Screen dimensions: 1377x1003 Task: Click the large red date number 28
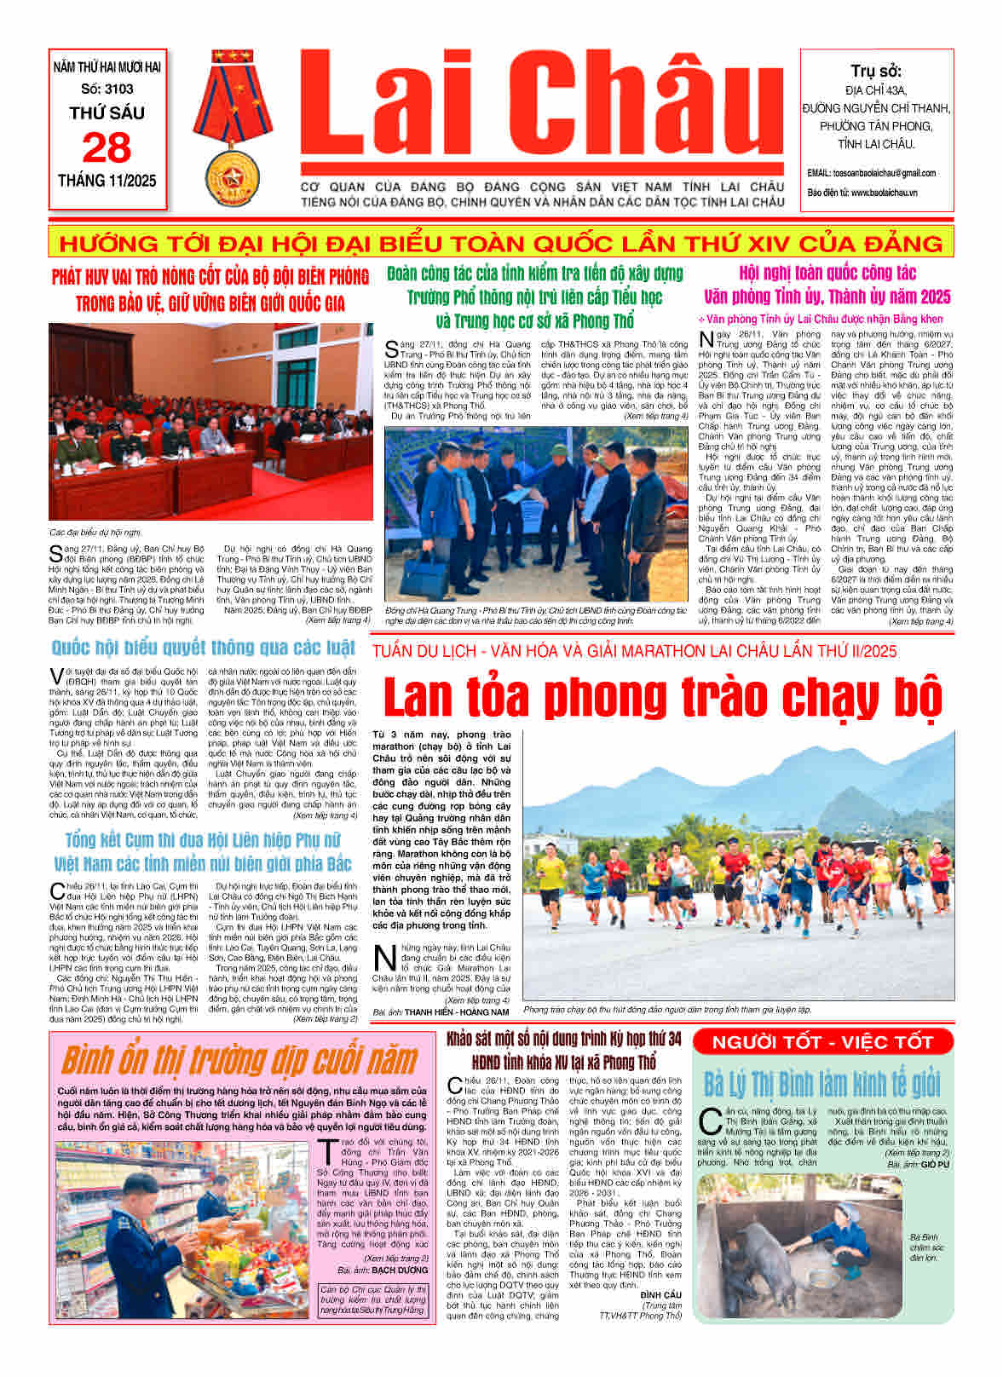[x=107, y=148]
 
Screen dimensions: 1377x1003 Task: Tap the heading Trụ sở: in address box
[x=876, y=71]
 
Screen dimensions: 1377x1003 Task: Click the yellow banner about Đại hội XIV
[x=501, y=244]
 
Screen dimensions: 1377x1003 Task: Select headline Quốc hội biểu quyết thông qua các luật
[x=203, y=648]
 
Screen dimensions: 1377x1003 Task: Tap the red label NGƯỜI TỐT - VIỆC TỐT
[x=821, y=1041]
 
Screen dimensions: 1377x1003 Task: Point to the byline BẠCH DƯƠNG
[x=401, y=1270]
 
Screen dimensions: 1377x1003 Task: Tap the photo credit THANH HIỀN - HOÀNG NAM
[x=457, y=1012]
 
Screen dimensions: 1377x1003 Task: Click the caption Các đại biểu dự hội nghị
[x=95, y=532]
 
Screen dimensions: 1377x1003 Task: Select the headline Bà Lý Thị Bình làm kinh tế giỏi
[x=821, y=1085]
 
